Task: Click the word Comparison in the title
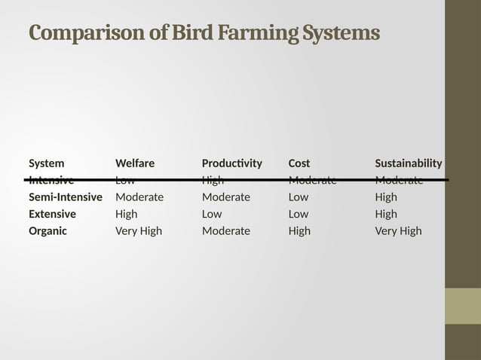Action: point(78,34)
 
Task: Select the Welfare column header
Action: point(135,163)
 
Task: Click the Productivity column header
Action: point(232,163)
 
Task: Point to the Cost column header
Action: point(299,163)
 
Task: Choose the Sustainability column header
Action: point(409,163)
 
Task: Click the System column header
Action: point(47,163)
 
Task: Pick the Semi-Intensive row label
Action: point(66,197)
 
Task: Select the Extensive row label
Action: point(53,214)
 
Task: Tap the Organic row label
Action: point(48,231)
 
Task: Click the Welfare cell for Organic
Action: point(139,231)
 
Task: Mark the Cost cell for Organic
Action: point(299,231)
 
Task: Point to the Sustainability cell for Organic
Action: point(399,231)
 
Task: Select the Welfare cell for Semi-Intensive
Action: point(139,197)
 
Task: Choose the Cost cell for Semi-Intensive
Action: point(299,197)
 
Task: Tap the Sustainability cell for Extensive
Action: point(386,214)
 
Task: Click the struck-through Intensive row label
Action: point(51,180)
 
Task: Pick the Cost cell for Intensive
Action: point(312,180)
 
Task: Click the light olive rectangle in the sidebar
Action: point(463,306)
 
